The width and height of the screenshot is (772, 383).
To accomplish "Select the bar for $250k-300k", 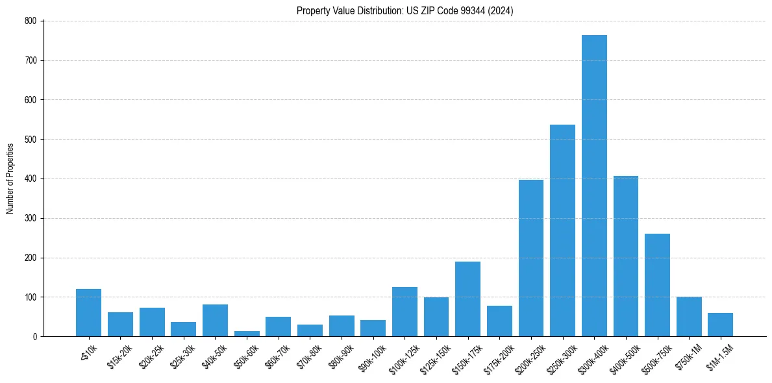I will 562,230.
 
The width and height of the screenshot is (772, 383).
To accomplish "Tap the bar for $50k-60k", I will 247,334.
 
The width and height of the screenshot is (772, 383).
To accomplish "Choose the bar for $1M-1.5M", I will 720,325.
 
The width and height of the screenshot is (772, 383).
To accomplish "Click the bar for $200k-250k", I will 531,258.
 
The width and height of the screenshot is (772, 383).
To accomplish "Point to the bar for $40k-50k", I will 215,321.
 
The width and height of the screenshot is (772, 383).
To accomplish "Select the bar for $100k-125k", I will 405,312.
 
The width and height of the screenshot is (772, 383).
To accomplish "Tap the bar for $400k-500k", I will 626,256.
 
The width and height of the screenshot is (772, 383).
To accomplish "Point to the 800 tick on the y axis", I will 44,21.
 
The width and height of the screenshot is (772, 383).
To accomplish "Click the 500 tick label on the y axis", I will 32,140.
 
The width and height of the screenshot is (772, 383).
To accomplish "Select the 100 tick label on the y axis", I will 32,297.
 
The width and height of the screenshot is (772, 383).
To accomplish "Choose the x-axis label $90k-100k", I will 371,356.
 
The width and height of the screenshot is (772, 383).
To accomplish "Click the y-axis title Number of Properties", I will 10,179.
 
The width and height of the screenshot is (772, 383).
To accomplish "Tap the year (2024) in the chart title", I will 501,10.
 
